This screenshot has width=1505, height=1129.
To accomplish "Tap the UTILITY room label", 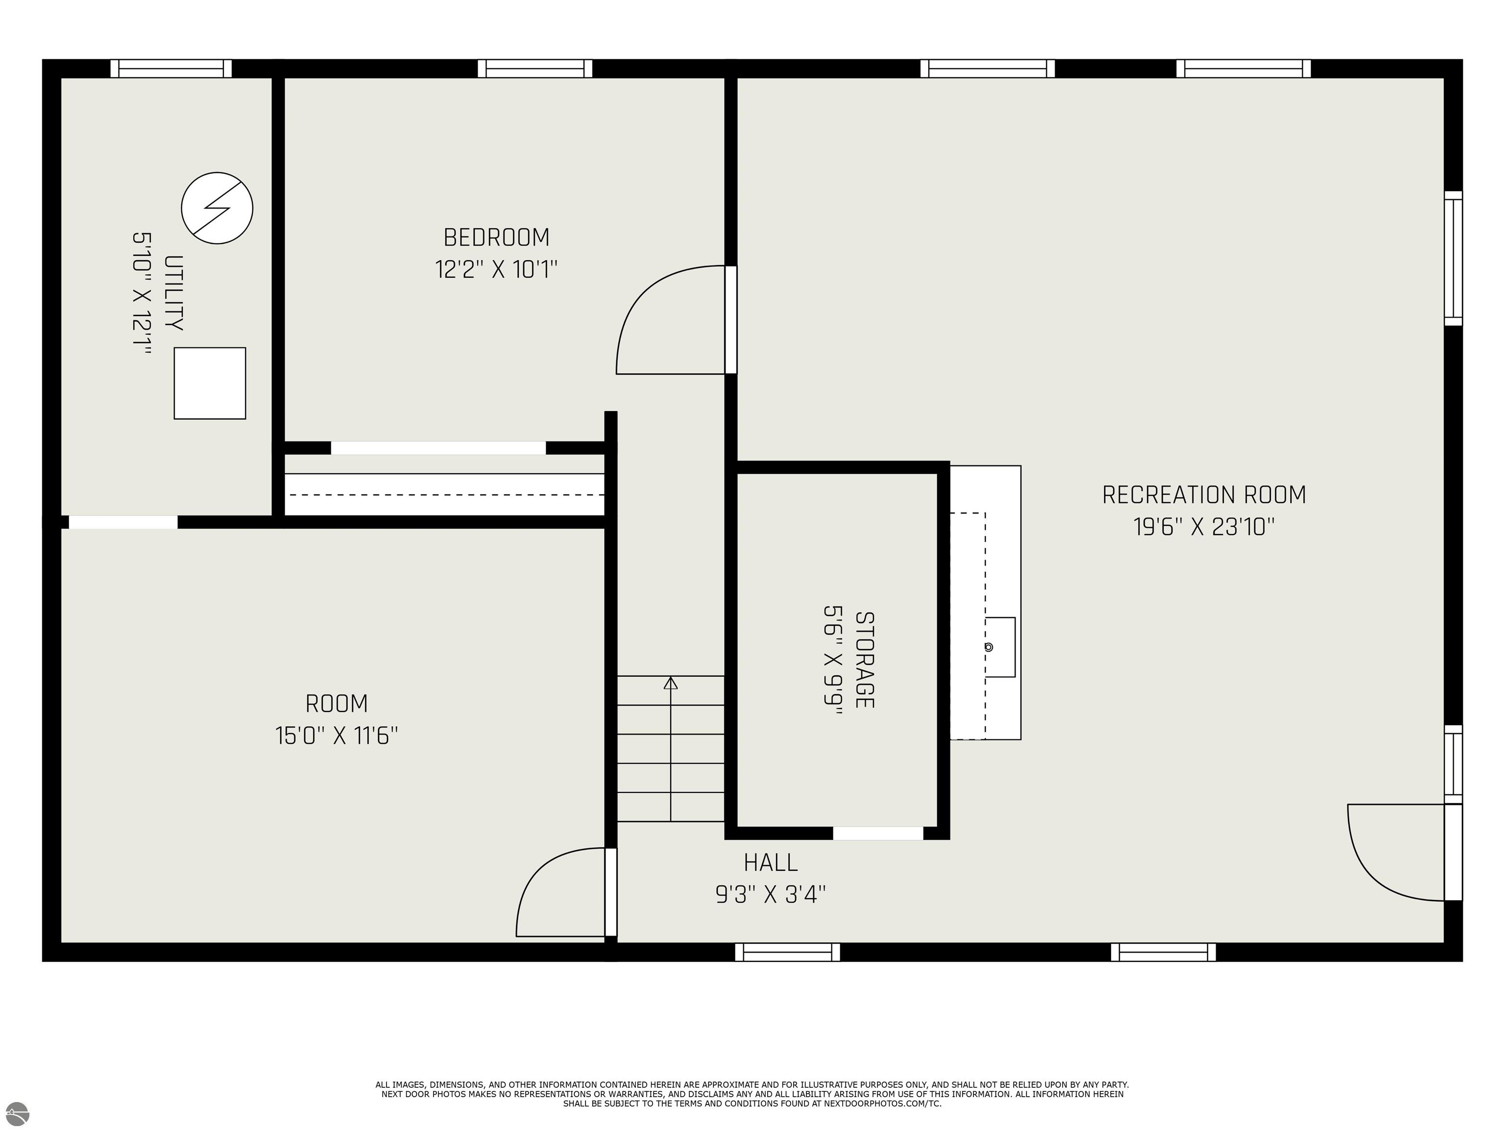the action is [174, 293].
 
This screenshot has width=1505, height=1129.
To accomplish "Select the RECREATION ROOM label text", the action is [1204, 495].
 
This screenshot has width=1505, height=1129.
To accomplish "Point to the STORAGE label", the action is [864, 660].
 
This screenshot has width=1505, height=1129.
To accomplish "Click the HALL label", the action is [770, 863].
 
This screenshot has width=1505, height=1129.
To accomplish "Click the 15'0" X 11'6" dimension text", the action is [336, 736].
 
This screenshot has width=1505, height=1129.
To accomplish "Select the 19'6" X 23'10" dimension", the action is [1204, 527].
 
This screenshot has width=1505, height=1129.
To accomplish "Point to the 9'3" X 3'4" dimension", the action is [770, 893].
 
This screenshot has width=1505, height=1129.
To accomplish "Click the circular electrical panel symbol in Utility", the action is [217, 208].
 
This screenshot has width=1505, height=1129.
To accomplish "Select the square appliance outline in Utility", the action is [210, 383].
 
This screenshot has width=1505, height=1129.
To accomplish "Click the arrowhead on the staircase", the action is [671, 683].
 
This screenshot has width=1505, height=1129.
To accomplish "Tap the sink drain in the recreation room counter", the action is [989, 647].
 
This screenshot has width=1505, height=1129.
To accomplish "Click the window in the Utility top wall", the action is [171, 69].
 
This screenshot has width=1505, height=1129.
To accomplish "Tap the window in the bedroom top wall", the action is [535, 69].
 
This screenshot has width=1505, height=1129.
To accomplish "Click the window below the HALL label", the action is [787, 952].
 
